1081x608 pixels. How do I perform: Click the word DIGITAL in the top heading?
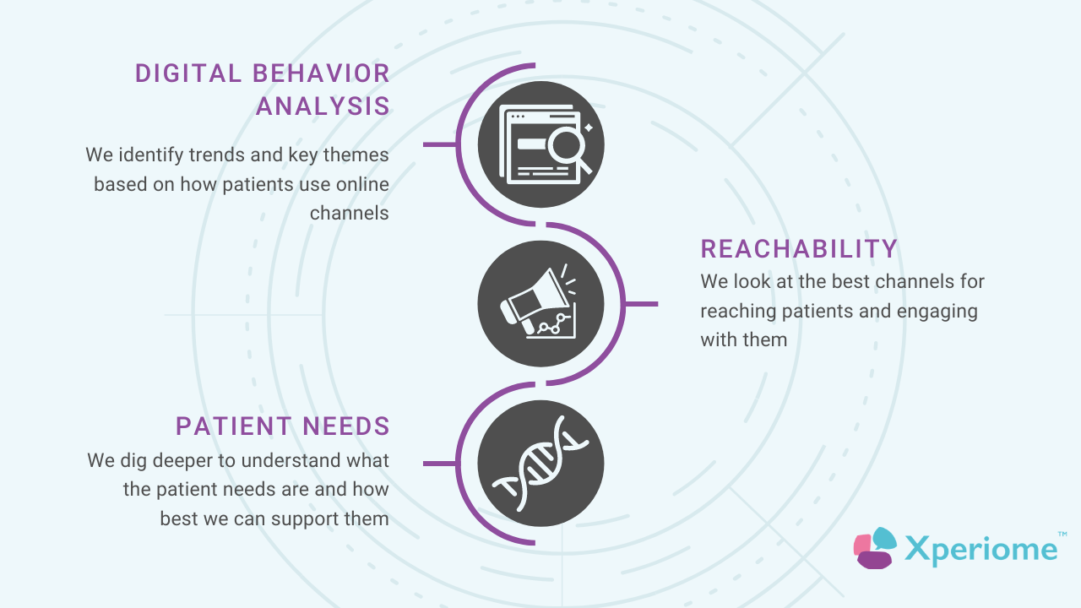188,73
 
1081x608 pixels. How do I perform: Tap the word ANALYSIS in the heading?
323,106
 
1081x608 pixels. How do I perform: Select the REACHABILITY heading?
799,249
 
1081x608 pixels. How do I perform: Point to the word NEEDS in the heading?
346,426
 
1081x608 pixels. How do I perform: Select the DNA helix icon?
540,464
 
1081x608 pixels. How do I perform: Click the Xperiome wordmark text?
981,550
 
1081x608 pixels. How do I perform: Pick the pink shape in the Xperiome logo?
862,546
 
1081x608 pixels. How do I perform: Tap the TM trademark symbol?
1062,535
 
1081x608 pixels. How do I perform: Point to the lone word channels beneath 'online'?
349,214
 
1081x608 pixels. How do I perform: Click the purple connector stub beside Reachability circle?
642,304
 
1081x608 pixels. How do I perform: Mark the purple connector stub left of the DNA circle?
439,464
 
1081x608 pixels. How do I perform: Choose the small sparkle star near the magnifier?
589,128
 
